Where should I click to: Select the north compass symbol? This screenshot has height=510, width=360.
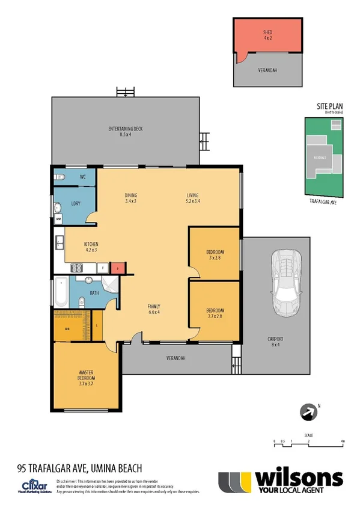pyautogui.click(x=308, y=412)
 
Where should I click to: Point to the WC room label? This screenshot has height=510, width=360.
pyautogui.click(x=83, y=177)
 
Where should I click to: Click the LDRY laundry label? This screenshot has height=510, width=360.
pyautogui.click(x=76, y=203)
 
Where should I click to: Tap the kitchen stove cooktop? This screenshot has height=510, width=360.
pyautogui.click(x=79, y=266)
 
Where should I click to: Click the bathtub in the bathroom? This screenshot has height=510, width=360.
pyautogui.click(x=61, y=293)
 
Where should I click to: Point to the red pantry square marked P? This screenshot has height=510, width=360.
pyautogui.click(x=119, y=267)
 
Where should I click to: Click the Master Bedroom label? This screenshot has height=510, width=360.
pyautogui.click(x=86, y=375)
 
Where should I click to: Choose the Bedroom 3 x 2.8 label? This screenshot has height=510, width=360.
pyautogui.click(x=215, y=254)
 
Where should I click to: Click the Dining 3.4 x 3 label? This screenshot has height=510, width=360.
pyautogui.click(x=131, y=198)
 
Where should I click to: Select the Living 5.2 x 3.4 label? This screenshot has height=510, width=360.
pyautogui.click(x=192, y=198)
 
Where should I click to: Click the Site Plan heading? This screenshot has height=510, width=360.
pyautogui.click(x=329, y=106)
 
